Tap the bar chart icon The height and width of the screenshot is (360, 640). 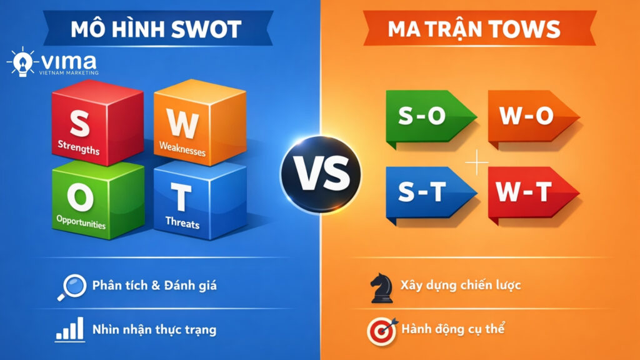click(x=70, y=329)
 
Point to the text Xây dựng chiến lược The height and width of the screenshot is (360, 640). click(x=461, y=286)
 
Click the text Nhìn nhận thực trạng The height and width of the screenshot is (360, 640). click(x=154, y=329)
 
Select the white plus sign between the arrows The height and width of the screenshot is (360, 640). click(x=477, y=164)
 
